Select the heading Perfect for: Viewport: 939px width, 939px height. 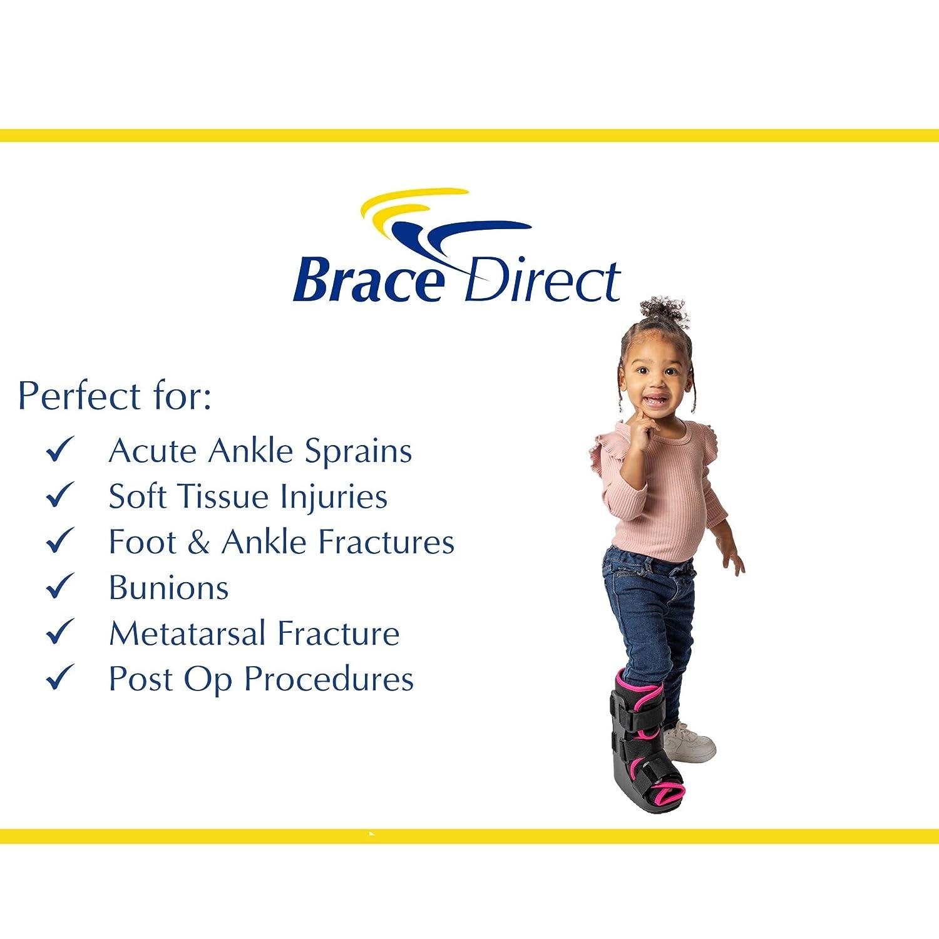click(115, 396)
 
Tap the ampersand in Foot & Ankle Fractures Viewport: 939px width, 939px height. click(198, 542)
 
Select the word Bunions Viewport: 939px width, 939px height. click(168, 588)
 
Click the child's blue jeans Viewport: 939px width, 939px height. click(648, 613)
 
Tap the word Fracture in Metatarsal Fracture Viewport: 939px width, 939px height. click(338, 634)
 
